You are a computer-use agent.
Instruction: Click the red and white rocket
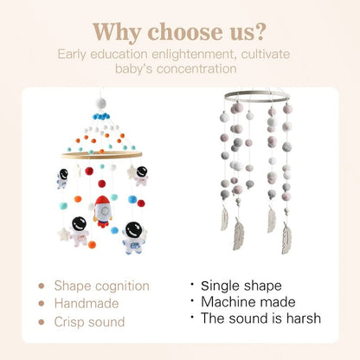101,210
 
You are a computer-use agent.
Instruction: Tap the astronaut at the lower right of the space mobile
133,236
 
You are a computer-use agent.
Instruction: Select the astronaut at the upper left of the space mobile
62,178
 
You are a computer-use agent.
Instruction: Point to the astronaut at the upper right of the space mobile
141,176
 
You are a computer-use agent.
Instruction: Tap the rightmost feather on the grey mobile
286,236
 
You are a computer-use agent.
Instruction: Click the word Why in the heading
121,33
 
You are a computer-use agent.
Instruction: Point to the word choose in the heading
183,33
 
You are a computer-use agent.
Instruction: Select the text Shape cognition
101,286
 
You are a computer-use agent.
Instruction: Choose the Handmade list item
87,303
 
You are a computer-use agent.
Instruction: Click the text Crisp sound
89,321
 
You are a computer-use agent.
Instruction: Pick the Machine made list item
248,301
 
